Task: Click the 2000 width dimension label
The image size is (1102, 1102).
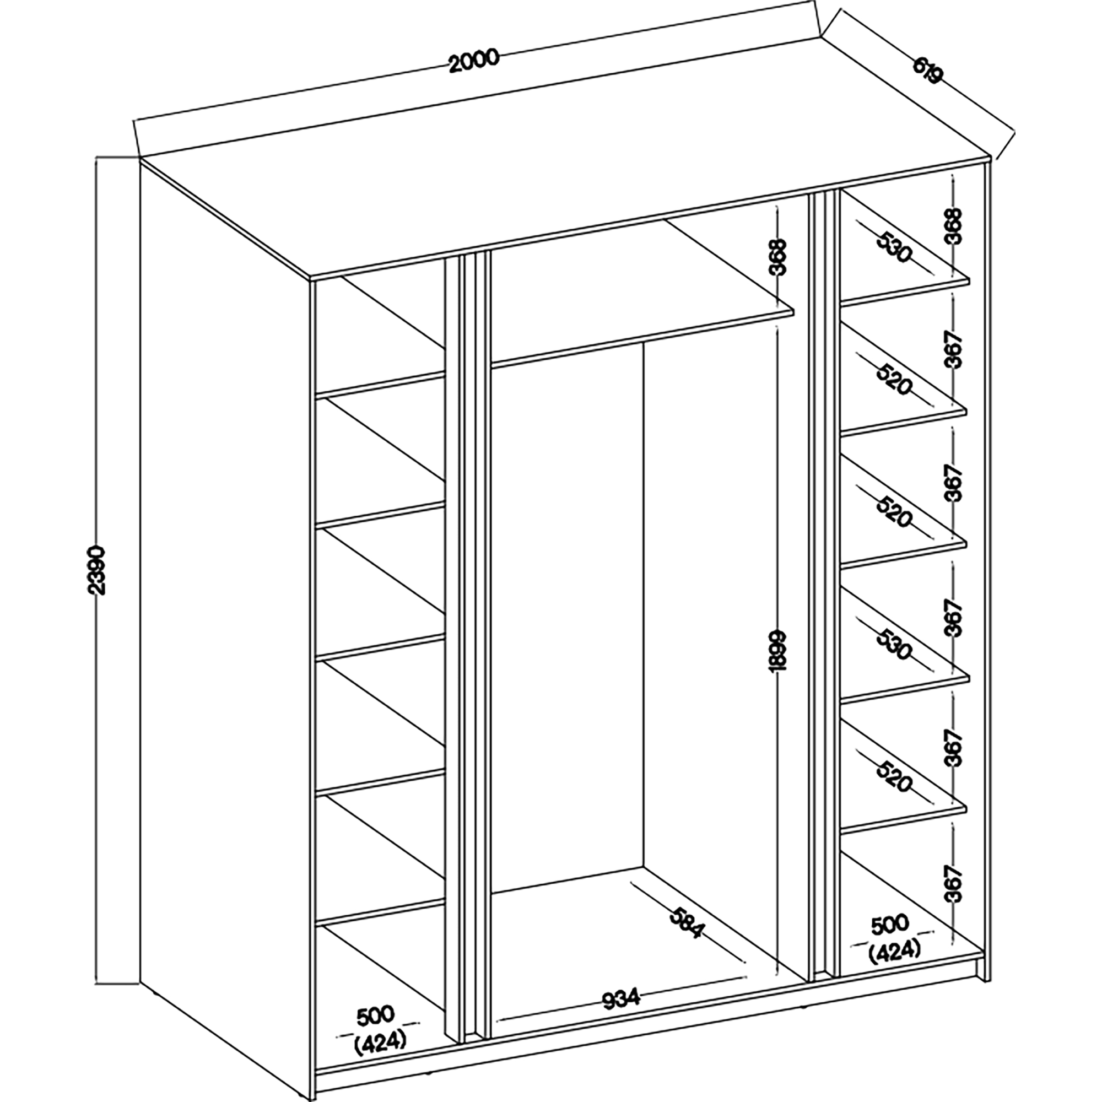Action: (x=473, y=61)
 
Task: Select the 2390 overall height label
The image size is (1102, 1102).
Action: (x=99, y=570)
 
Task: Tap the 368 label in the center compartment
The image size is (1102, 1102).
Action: (x=777, y=257)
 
